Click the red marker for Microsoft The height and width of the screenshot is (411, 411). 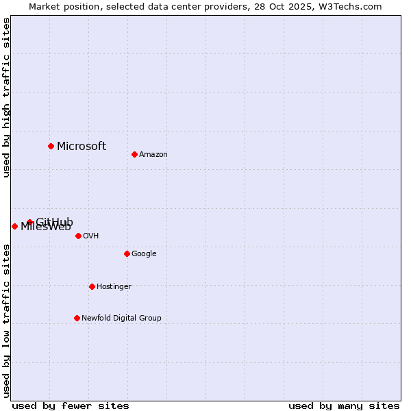pyautogui.click(x=51, y=146)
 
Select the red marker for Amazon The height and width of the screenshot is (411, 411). pyautogui.click(x=134, y=154)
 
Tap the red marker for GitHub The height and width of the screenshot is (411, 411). pyautogui.click(x=29, y=222)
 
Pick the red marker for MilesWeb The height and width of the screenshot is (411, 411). pyautogui.click(x=14, y=226)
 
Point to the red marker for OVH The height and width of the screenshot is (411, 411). pyautogui.click(x=78, y=236)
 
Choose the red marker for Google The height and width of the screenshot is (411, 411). pyautogui.click(x=127, y=253)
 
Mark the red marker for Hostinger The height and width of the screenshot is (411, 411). pyautogui.click(x=92, y=286)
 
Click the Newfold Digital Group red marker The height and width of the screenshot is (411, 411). pyautogui.click(x=77, y=318)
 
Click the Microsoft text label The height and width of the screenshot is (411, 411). pyautogui.click(x=82, y=146)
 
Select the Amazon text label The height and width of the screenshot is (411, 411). pyautogui.click(x=153, y=154)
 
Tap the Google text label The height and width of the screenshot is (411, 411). pyautogui.click(x=144, y=253)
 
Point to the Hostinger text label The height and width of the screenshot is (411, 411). pyautogui.click(x=114, y=286)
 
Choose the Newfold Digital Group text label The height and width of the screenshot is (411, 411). pyautogui.click(x=121, y=318)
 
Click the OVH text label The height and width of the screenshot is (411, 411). pyautogui.click(x=91, y=236)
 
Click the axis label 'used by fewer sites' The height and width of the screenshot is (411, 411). pyautogui.click(x=71, y=406)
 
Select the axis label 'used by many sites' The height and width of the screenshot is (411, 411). pyautogui.click(x=344, y=406)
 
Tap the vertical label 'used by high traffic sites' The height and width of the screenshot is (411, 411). pyautogui.click(x=6, y=97)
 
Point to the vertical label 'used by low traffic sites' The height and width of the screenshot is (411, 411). pyautogui.click(x=6, y=321)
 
